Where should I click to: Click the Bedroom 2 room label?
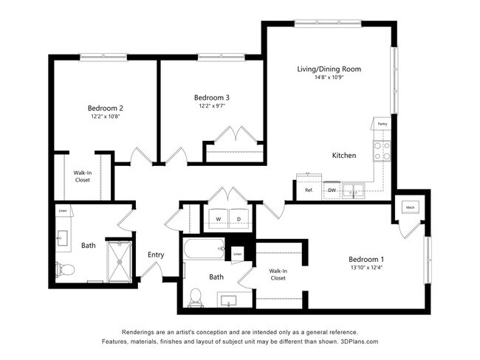(x=105, y=108)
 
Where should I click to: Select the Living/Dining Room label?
(x=329, y=69)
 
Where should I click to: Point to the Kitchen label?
(x=344, y=156)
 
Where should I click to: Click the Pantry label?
(x=382, y=124)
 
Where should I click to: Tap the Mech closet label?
(x=410, y=207)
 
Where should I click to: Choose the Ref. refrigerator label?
(x=309, y=190)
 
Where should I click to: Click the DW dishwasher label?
(x=332, y=190)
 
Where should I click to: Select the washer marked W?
(x=219, y=219)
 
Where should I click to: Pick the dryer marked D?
(x=239, y=219)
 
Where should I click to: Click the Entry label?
(x=156, y=255)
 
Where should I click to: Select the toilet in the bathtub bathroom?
(x=196, y=297)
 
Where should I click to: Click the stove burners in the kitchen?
(x=383, y=151)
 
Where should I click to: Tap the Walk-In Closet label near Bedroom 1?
(x=278, y=274)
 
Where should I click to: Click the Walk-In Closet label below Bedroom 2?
(x=83, y=176)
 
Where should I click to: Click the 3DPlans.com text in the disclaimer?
(x=357, y=342)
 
